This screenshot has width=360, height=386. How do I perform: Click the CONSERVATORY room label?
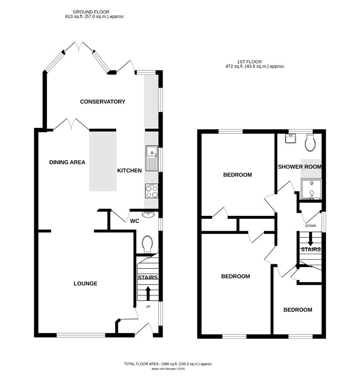pyautogui.click(x=102, y=102)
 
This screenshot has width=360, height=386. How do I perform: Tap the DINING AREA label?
pyautogui.click(x=67, y=163)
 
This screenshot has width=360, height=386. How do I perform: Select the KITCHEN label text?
pyautogui.click(x=129, y=171)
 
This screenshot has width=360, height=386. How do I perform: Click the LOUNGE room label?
pyautogui.click(x=85, y=284)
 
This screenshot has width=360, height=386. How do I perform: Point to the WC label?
pyautogui.click(x=134, y=222)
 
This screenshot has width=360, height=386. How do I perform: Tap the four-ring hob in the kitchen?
pyautogui.click(x=151, y=191)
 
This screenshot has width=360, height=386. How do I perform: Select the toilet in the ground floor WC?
pyautogui.click(x=147, y=244)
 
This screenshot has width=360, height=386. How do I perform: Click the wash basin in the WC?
pyautogui.click(x=148, y=215)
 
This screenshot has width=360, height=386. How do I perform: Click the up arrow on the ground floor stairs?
pyautogui.click(x=148, y=293)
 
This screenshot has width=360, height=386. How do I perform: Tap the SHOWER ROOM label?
pyautogui.click(x=299, y=167)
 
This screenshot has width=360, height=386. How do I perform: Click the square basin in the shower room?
pyautogui.click(x=291, y=138)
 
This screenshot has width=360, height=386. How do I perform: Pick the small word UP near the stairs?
pyautogui.click(x=148, y=307)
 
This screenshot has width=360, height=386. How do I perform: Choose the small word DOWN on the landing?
pyautogui.click(x=310, y=226)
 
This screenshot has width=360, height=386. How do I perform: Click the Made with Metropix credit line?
pyautogui.click(x=168, y=369)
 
